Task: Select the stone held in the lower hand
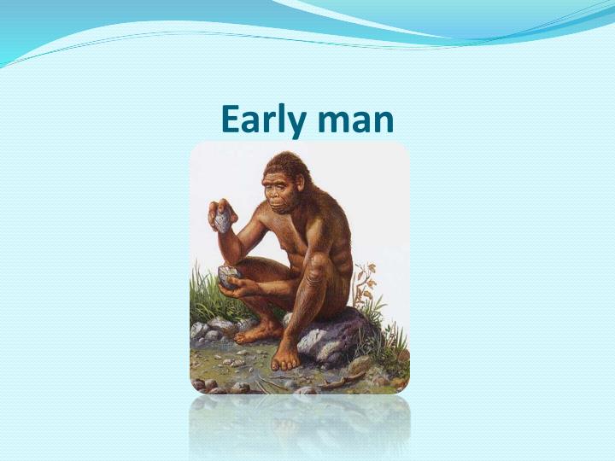pyautogui.click(x=229, y=276)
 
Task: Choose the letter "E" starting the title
pyautogui.click(x=229, y=120)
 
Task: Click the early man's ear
pyautogui.click(x=299, y=188)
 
